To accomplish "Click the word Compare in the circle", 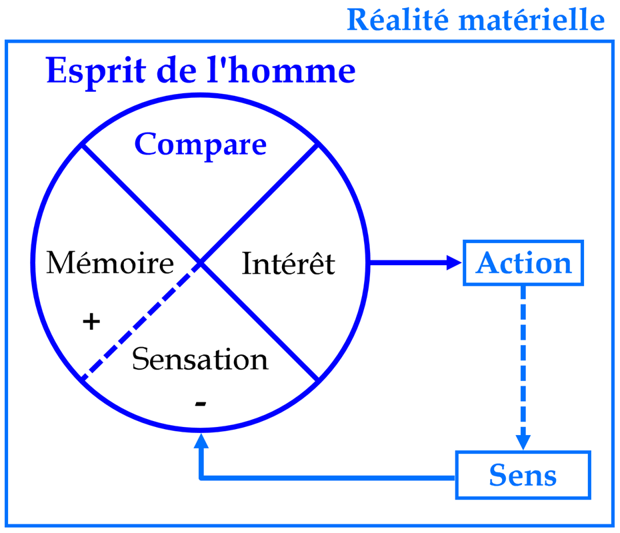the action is (x=201, y=145).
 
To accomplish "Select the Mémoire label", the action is (x=110, y=263).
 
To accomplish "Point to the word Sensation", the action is (x=200, y=358).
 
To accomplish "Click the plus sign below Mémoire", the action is (x=91, y=321).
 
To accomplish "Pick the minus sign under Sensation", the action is (x=201, y=403).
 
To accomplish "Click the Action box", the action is (x=523, y=263).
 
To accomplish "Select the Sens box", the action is (x=523, y=475).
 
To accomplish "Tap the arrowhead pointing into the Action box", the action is (x=454, y=263).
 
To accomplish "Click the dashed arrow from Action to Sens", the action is (x=523, y=368).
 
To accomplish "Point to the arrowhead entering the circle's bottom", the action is (x=201, y=440).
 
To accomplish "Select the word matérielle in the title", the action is (x=532, y=20).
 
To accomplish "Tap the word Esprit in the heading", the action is (x=96, y=71).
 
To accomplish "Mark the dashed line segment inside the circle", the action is (x=141, y=321).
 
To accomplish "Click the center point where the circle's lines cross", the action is (x=201, y=263).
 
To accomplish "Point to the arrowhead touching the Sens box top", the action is (x=523, y=442).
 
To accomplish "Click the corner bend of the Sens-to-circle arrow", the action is (x=201, y=478).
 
